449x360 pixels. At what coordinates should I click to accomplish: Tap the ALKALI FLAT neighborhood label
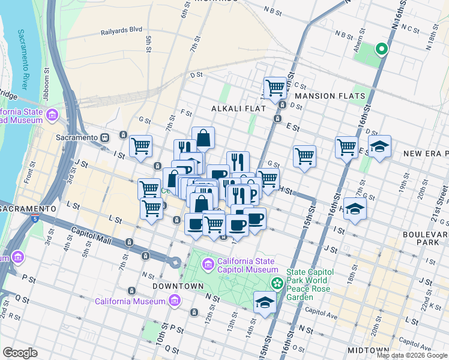click(x=234, y=109)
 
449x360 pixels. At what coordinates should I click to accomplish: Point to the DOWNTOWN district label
click(x=178, y=286)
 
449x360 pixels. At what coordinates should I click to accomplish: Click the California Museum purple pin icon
click(x=174, y=301)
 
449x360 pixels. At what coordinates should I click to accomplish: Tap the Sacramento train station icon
click(x=104, y=137)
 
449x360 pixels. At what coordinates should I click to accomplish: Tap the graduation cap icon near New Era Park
click(x=379, y=146)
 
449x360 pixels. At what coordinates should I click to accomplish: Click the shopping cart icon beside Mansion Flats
click(x=275, y=87)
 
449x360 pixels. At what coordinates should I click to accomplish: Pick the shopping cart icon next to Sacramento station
click(x=140, y=145)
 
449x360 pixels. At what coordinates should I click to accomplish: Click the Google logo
click(x=20, y=353)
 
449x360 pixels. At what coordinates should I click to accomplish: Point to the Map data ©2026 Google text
click(x=411, y=355)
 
